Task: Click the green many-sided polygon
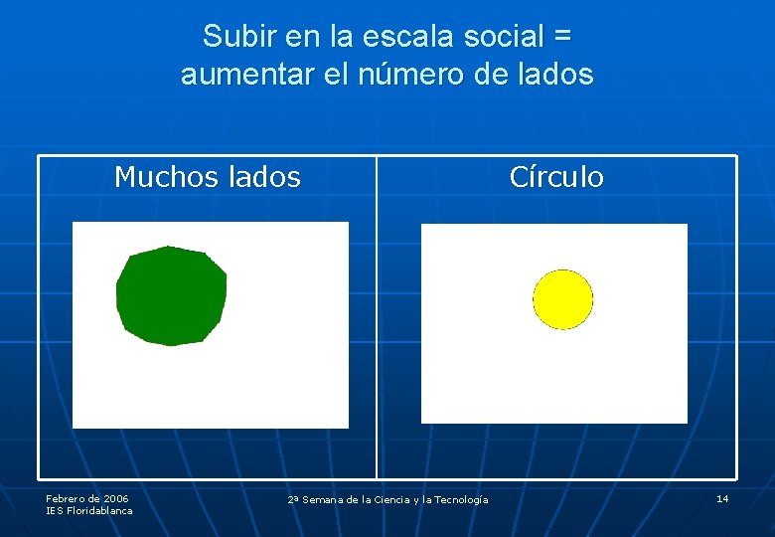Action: coord(171,295)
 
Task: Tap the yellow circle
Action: coord(562,299)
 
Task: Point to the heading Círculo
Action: coord(555,177)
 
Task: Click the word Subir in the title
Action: coord(238,37)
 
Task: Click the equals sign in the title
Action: coord(561,37)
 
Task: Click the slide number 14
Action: coord(722,498)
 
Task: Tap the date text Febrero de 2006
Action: coord(87,498)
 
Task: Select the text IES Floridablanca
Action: coord(89,510)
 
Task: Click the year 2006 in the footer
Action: coord(115,498)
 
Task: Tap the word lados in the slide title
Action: coord(554,75)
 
